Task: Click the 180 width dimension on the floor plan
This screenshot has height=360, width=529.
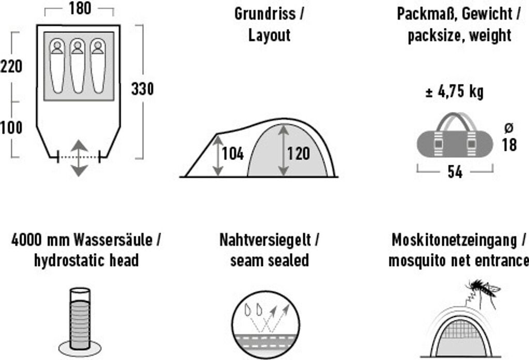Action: click(79, 9)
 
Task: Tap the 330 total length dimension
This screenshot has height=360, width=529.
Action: click(142, 89)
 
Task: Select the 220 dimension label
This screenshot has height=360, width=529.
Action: click(11, 66)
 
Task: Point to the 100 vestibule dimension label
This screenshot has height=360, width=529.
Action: click(11, 127)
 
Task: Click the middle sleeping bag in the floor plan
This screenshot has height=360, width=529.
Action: click(77, 65)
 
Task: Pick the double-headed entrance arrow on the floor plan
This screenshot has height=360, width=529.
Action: click(79, 157)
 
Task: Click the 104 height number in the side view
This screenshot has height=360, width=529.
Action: click(232, 154)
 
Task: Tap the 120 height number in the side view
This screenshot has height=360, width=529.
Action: click(299, 154)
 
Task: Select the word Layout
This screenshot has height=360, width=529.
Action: click(269, 35)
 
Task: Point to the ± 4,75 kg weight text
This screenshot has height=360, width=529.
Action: click(454, 92)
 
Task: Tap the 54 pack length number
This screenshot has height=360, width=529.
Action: click(455, 173)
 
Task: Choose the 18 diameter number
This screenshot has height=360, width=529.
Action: click(509, 145)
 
